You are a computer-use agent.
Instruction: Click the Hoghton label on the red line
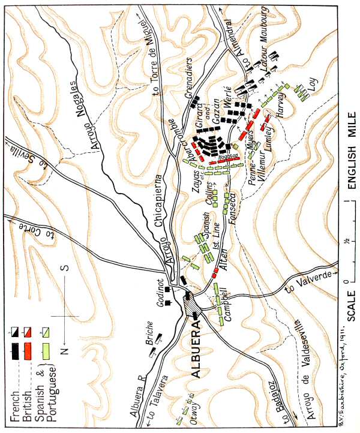click(228, 157)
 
